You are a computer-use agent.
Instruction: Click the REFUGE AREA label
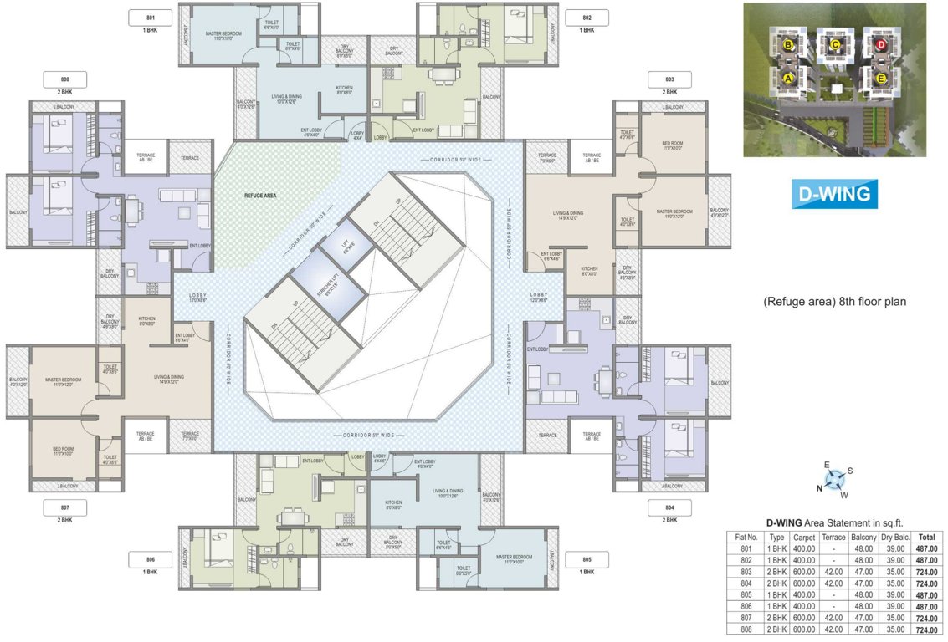click(261, 196)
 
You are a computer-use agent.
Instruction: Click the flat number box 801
click(151, 18)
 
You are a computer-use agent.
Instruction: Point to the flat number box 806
click(151, 559)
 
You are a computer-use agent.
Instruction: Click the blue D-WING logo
click(833, 193)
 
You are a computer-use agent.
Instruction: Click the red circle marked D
click(880, 44)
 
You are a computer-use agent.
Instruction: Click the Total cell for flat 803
click(926, 573)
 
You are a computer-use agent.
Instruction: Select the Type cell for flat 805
click(777, 595)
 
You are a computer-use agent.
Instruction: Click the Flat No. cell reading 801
click(746, 549)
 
